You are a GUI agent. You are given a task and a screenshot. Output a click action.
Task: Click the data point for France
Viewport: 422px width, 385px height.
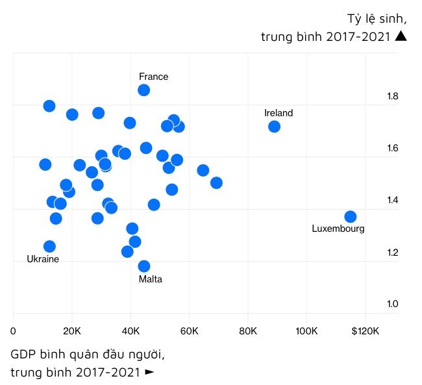click(x=144, y=90)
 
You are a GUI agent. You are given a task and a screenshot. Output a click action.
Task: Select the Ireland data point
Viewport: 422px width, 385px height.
click(x=274, y=127)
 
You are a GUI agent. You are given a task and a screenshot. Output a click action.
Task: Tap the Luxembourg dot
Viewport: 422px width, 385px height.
click(x=351, y=217)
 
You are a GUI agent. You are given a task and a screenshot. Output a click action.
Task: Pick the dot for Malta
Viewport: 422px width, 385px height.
click(x=144, y=266)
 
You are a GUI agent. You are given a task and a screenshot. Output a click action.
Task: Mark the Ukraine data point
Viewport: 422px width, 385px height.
click(x=49, y=247)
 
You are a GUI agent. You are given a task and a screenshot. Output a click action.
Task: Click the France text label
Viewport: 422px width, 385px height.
click(x=153, y=77)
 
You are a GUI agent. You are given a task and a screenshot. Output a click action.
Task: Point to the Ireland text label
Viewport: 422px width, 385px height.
click(x=279, y=113)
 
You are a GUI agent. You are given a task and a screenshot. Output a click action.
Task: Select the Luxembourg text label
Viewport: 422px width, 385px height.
click(x=338, y=229)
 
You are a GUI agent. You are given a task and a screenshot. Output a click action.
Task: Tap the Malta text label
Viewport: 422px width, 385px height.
click(x=151, y=279)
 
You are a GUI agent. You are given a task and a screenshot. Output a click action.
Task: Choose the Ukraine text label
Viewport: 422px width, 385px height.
click(x=43, y=259)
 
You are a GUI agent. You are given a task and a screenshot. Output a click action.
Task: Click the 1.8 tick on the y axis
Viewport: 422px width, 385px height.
click(x=392, y=97)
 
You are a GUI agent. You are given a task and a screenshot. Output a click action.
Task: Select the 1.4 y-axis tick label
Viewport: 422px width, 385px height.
click(x=392, y=201)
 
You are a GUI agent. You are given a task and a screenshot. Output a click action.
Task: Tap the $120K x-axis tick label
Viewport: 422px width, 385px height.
click(x=366, y=331)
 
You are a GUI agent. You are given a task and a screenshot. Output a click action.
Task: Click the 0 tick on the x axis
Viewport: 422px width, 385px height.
click(x=14, y=331)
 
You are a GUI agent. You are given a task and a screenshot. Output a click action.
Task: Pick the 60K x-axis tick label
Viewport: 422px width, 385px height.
click(x=189, y=331)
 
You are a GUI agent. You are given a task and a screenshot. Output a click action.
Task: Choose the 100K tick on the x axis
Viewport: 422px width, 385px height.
click(x=306, y=331)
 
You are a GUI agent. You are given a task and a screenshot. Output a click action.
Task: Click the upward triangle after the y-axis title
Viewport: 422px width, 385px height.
click(x=401, y=36)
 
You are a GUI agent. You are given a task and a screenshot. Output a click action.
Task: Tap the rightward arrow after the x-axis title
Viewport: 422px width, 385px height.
click(x=150, y=372)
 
